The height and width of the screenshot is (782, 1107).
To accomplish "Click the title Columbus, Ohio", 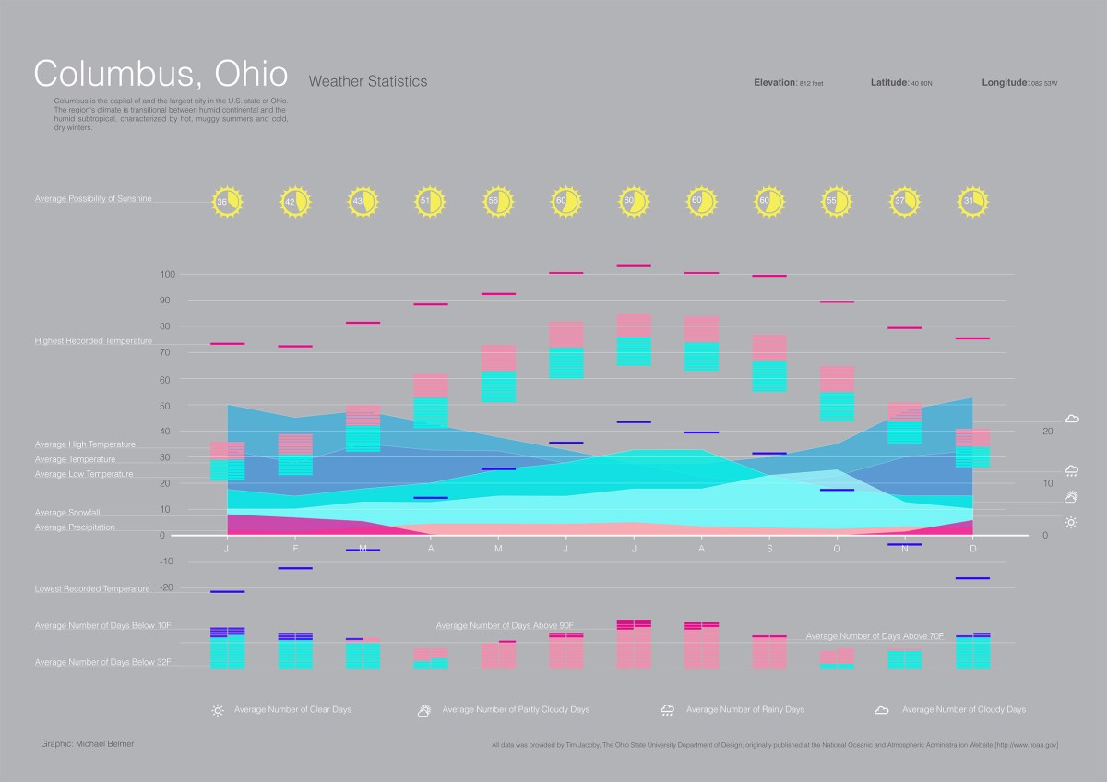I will (x=161, y=73).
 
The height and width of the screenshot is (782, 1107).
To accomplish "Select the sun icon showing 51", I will (x=430, y=201).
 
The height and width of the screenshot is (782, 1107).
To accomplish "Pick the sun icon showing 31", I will (x=973, y=201).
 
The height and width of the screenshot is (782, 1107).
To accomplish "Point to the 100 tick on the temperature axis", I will (x=167, y=275).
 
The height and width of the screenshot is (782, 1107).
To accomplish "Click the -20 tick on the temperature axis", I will (x=167, y=587).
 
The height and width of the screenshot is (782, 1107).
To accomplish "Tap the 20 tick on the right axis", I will (x=1047, y=431).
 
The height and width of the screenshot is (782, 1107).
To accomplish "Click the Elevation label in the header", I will (x=774, y=83).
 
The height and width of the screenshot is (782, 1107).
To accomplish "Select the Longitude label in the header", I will (x=1005, y=83).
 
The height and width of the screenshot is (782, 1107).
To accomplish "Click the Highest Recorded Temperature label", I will (x=93, y=341).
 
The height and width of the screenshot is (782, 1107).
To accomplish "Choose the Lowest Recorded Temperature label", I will (x=92, y=588).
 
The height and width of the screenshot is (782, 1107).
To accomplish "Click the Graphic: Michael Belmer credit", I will (x=88, y=743).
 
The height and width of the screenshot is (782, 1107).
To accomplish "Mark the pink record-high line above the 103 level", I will (x=634, y=266).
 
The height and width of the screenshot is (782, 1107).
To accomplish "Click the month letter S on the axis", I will (x=769, y=549).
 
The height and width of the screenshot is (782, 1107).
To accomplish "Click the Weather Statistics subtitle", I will (x=368, y=81).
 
